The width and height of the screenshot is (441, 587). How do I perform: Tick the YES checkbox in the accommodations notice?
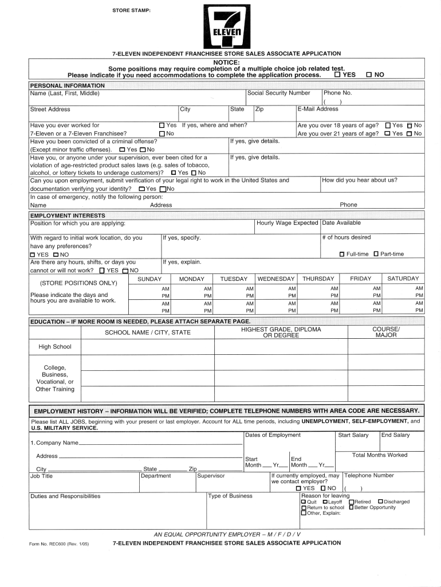point(337,75)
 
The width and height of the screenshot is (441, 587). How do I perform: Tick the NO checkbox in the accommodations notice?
point(369,75)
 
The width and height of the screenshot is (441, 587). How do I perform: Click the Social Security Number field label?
point(278,93)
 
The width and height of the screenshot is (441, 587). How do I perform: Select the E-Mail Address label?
point(317,109)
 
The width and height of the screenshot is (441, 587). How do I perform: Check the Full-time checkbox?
point(342,254)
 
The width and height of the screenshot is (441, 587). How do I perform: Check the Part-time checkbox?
point(376,254)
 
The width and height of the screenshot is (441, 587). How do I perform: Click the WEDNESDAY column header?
point(276,279)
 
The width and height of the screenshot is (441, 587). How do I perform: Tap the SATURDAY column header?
point(403,279)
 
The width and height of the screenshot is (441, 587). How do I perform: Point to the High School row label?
point(55,347)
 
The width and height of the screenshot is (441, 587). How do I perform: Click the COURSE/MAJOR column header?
point(386,332)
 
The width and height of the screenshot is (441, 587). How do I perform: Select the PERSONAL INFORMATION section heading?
point(67,85)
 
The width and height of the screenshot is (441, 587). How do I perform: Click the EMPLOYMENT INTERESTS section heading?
point(67,215)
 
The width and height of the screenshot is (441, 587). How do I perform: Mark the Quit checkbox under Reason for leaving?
point(304,502)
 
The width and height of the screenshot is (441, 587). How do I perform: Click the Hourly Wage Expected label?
point(287,223)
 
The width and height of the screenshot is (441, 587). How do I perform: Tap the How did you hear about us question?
point(360,180)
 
